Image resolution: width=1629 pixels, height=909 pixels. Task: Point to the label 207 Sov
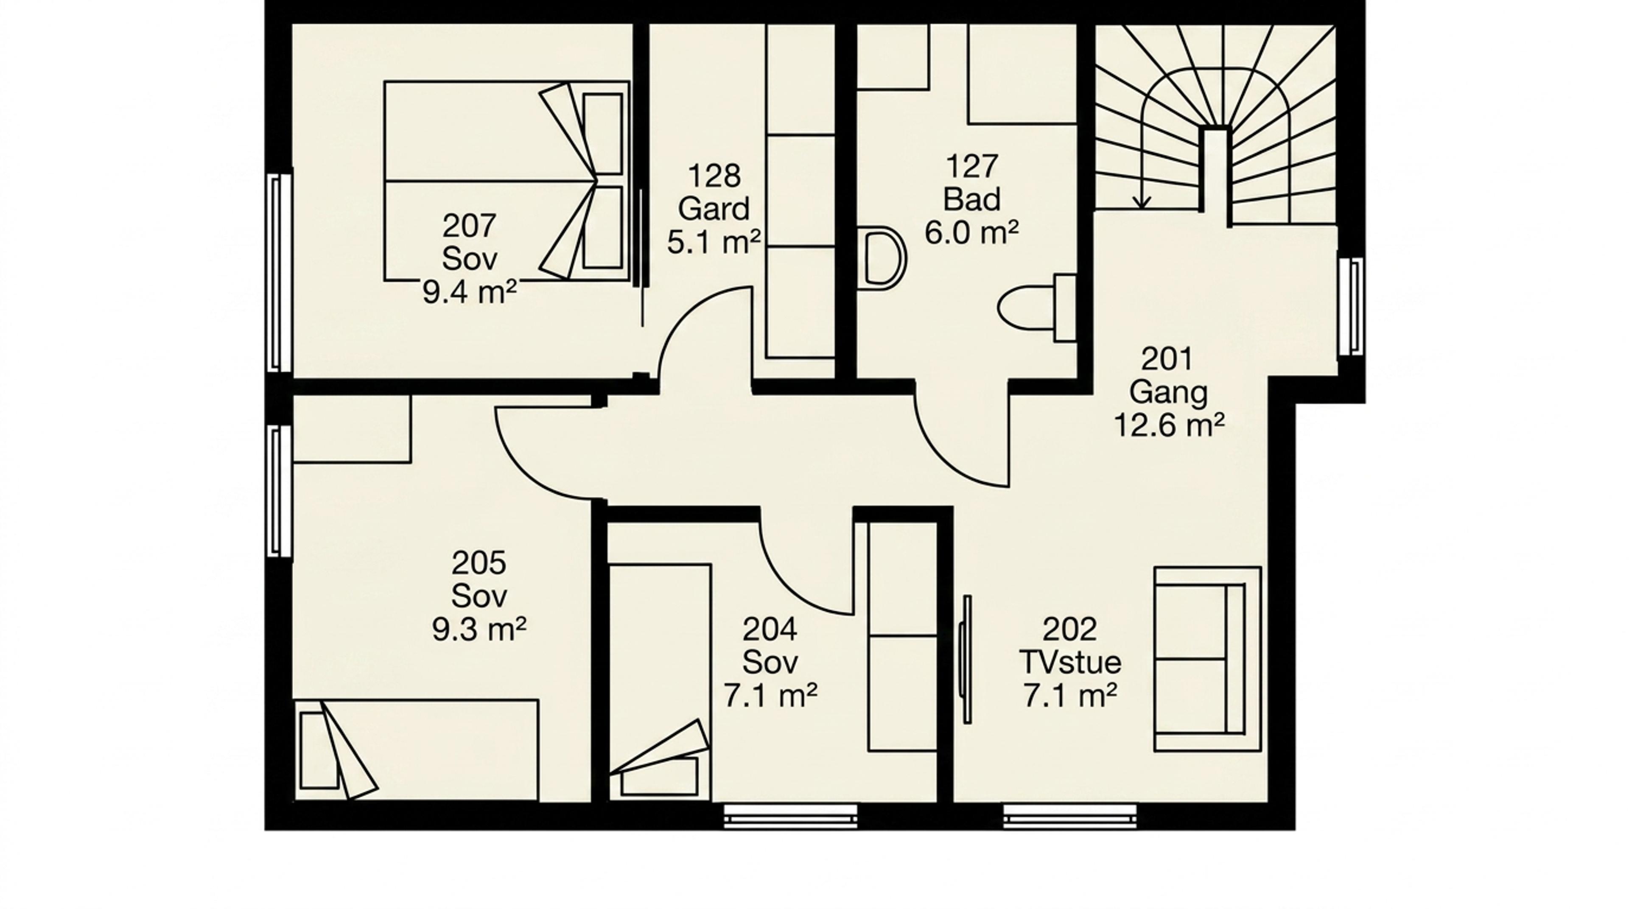pyautogui.click(x=469, y=242)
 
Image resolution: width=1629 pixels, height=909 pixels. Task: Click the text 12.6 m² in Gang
pyautogui.click(x=1169, y=425)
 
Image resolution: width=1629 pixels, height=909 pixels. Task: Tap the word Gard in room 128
pyautogui.click(x=713, y=209)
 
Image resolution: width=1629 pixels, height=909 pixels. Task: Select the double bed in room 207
pyautogui.click(x=507, y=181)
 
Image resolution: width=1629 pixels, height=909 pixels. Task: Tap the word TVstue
pyautogui.click(x=1070, y=663)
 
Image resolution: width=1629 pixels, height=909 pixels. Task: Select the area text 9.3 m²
pyautogui.click(x=479, y=629)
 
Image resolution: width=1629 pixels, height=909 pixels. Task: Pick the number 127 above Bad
pyautogui.click(x=971, y=166)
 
